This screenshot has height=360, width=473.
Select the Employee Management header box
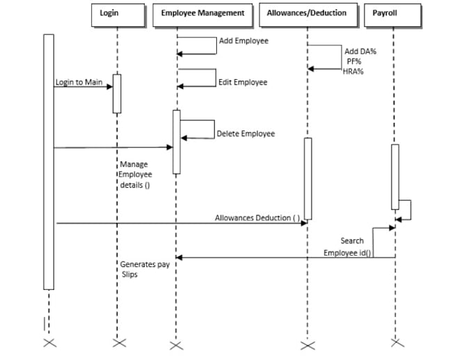(202, 14)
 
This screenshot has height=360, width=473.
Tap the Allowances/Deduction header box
(307, 14)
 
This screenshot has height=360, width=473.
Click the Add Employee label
(243, 41)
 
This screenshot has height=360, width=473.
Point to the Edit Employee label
(243, 83)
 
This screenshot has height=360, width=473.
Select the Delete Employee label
(246, 133)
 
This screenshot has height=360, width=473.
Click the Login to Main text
(79, 83)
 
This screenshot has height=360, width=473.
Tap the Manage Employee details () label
(136, 175)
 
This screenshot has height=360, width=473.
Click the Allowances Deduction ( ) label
(257, 218)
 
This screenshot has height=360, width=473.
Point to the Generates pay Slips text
(144, 270)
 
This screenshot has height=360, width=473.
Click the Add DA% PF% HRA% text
(360, 61)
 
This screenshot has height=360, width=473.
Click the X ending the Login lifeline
(116, 343)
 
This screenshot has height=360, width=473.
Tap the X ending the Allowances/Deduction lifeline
(307, 345)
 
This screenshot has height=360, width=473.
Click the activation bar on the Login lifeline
(117, 93)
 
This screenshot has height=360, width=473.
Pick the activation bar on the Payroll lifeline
(395, 176)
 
